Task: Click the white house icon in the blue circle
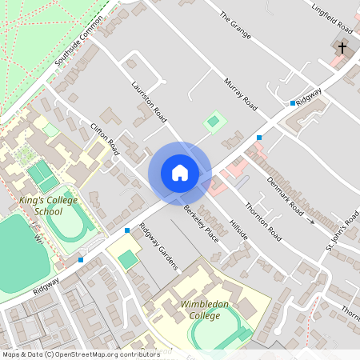[180, 173]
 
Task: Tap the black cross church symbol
[342, 48]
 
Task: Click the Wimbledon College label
[205, 310]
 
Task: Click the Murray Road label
[240, 94]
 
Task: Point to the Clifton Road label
[105, 139]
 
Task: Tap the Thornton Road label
[263, 221]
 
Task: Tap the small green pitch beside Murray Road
[213, 122]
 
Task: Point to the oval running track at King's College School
[70, 223]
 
